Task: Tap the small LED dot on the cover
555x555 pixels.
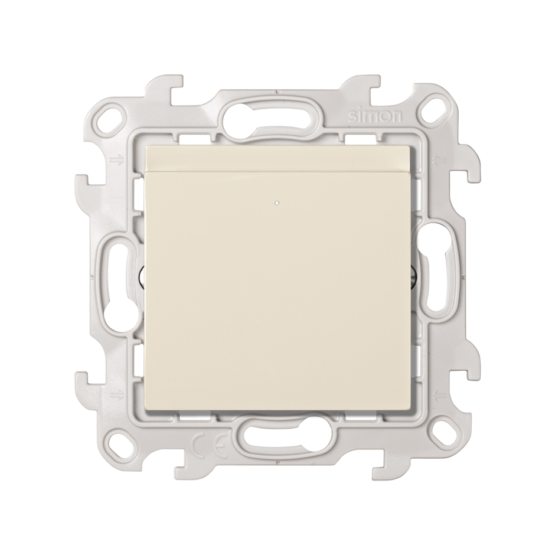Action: pos(276,204)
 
